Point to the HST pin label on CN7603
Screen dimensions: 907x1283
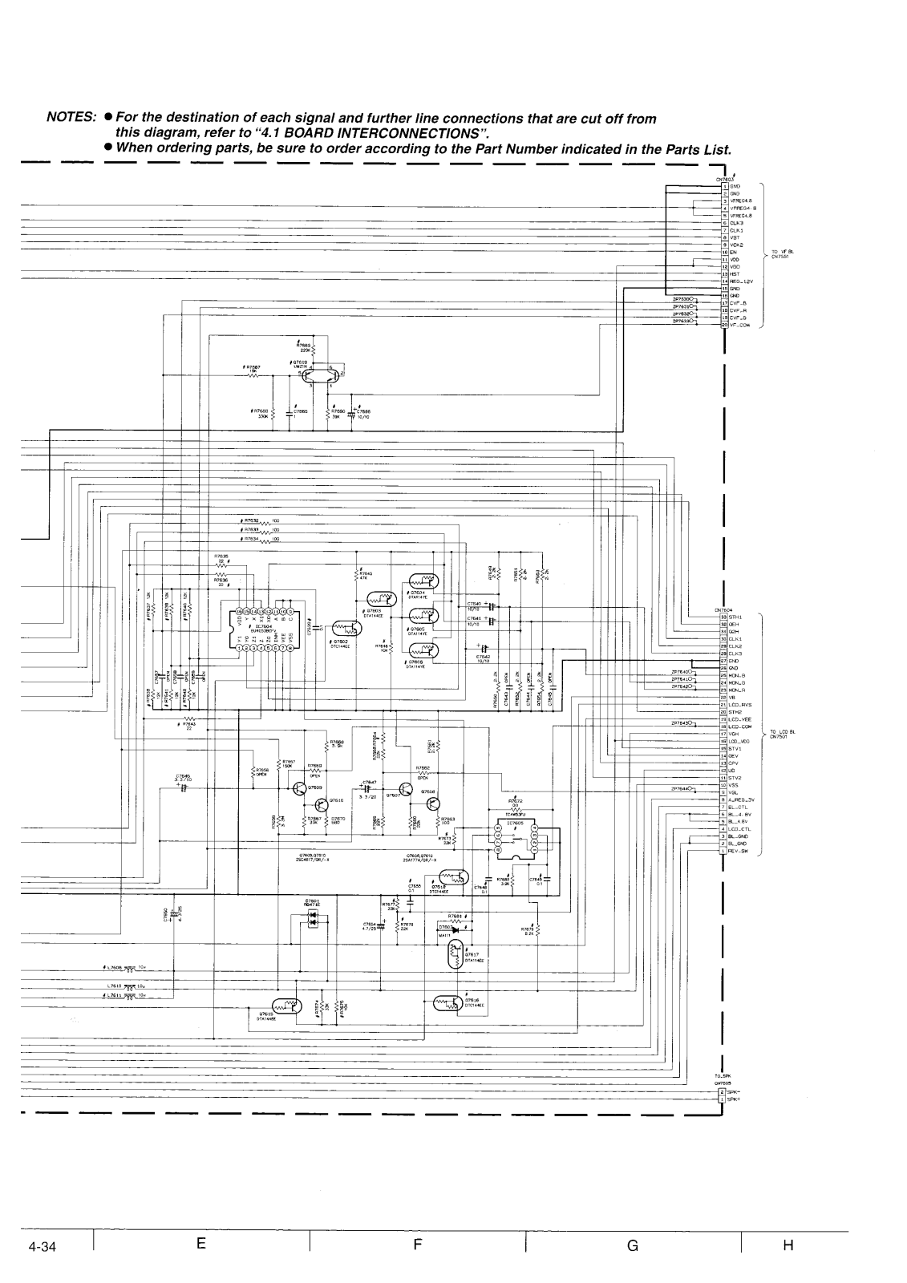(734, 274)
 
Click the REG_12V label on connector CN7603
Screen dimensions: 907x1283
(739, 281)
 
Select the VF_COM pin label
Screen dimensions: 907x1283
(739, 326)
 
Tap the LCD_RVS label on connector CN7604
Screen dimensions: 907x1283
(740, 706)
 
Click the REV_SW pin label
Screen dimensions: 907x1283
(739, 851)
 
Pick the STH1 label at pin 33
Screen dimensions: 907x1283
(735, 617)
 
